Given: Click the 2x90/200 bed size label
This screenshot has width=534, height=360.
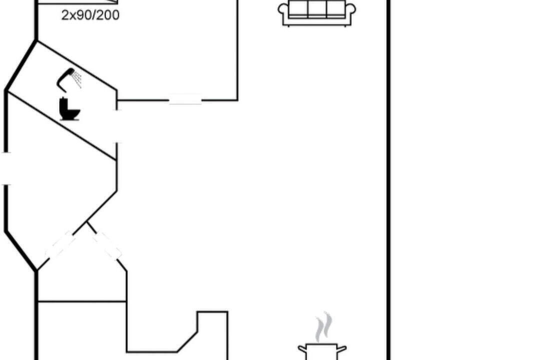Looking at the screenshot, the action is click(x=90, y=15).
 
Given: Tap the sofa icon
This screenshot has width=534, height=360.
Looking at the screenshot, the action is click(x=317, y=13).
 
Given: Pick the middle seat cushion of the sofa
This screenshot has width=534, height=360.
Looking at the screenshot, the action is click(x=317, y=8).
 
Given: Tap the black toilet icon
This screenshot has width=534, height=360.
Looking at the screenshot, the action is click(x=70, y=109).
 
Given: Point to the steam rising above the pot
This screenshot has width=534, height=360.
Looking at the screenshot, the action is click(x=323, y=326).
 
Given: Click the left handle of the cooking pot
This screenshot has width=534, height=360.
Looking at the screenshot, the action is click(x=302, y=349).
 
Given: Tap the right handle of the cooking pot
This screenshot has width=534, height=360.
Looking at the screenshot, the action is click(x=342, y=349).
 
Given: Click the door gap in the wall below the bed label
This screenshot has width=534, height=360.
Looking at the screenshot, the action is click(x=185, y=99).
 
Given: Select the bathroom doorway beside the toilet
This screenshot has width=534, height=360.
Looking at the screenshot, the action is click(x=117, y=126).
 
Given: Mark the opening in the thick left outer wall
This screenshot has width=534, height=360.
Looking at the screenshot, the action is click(x=6, y=168).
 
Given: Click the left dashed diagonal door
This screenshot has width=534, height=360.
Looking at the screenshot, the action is click(x=60, y=245).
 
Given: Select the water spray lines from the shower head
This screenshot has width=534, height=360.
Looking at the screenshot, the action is click(x=77, y=79).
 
